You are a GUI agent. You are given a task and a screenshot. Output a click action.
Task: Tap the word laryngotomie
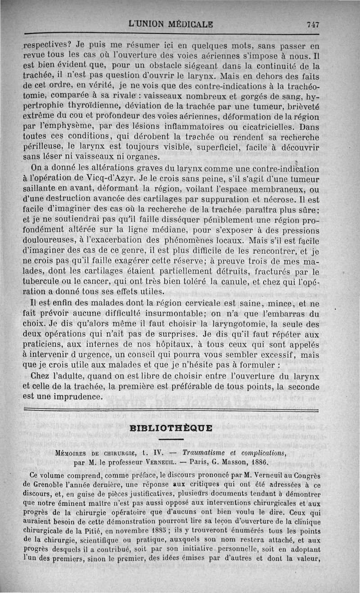[x=223, y=323]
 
